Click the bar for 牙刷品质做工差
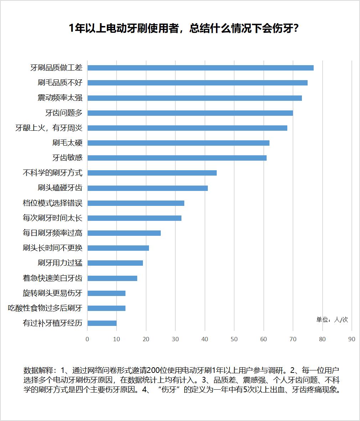tap(200, 68)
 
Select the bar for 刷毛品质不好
tap(197, 83)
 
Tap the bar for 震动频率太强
tap(195, 98)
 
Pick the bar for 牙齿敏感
tap(177, 158)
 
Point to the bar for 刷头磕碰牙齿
tap(148, 188)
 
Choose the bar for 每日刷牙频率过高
tap(124, 233)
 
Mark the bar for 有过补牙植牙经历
tap(102, 323)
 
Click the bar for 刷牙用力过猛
tap(115, 263)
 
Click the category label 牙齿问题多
tap(64, 113)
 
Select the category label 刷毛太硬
tap(67, 143)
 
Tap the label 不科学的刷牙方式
tap(52, 173)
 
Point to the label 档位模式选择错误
tap(52, 203)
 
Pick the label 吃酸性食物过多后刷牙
tap(45, 308)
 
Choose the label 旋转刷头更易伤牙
tap(52, 293)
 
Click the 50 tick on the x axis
tap(234, 339)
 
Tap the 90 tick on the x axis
tap(351, 339)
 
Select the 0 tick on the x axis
tap(87, 339)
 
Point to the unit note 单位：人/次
tap(332, 319)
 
